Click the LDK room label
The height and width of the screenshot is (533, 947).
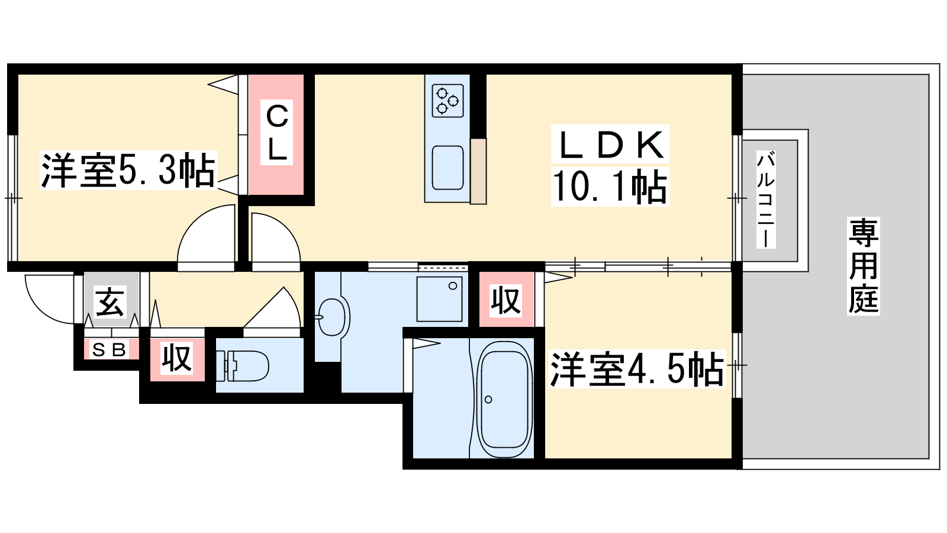[x=610, y=145]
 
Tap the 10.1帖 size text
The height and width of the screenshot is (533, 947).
[x=610, y=186]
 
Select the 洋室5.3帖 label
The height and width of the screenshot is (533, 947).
[x=128, y=171]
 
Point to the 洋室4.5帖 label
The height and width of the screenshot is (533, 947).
[x=637, y=370]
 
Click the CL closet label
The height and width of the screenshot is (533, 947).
[x=277, y=133]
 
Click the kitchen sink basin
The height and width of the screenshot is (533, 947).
[x=447, y=168]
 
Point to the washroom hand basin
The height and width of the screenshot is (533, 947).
[x=331, y=317]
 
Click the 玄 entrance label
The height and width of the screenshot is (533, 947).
[x=110, y=303]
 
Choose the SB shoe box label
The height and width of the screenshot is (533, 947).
[x=110, y=350]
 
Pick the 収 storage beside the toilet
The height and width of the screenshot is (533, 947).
[x=177, y=359]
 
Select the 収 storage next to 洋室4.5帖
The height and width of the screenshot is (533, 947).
[x=505, y=301]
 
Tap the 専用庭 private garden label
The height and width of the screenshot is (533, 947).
[x=864, y=266]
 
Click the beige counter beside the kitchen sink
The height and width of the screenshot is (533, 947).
[x=478, y=172]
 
